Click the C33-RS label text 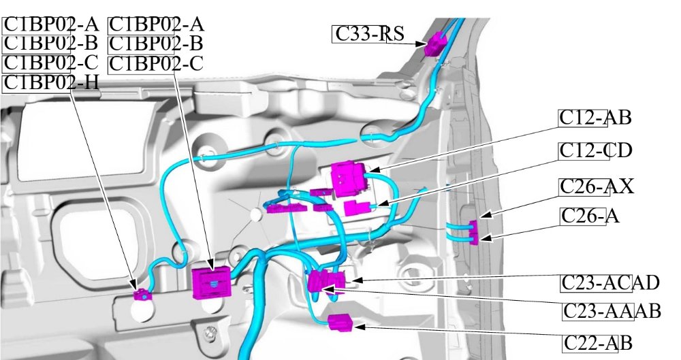pyautogui.click(x=368, y=33)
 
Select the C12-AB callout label pyautogui.click(x=595, y=118)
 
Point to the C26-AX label pyautogui.click(x=597, y=186)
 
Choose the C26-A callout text pyautogui.click(x=590, y=216)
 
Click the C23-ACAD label pyautogui.click(x=610, y=282)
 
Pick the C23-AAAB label pyautogui.click(x=612, y=312)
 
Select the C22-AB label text pyautogui.click(x=598, y=343)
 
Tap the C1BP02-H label pyautogui.click(x=51, y=83)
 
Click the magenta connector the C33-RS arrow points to pyautogui.click(x=434, y=45)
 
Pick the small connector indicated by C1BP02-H pyautogui.click(x=142, y=295)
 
